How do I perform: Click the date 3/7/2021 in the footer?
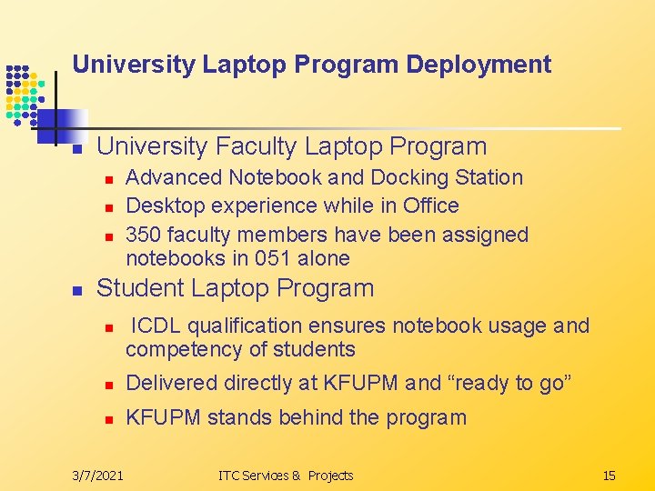click(99, 475)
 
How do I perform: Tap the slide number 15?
click(609, 475)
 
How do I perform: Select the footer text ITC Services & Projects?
click(286, 475)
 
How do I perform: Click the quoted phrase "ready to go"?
click(506, 383)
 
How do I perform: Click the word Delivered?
click(168, 383)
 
